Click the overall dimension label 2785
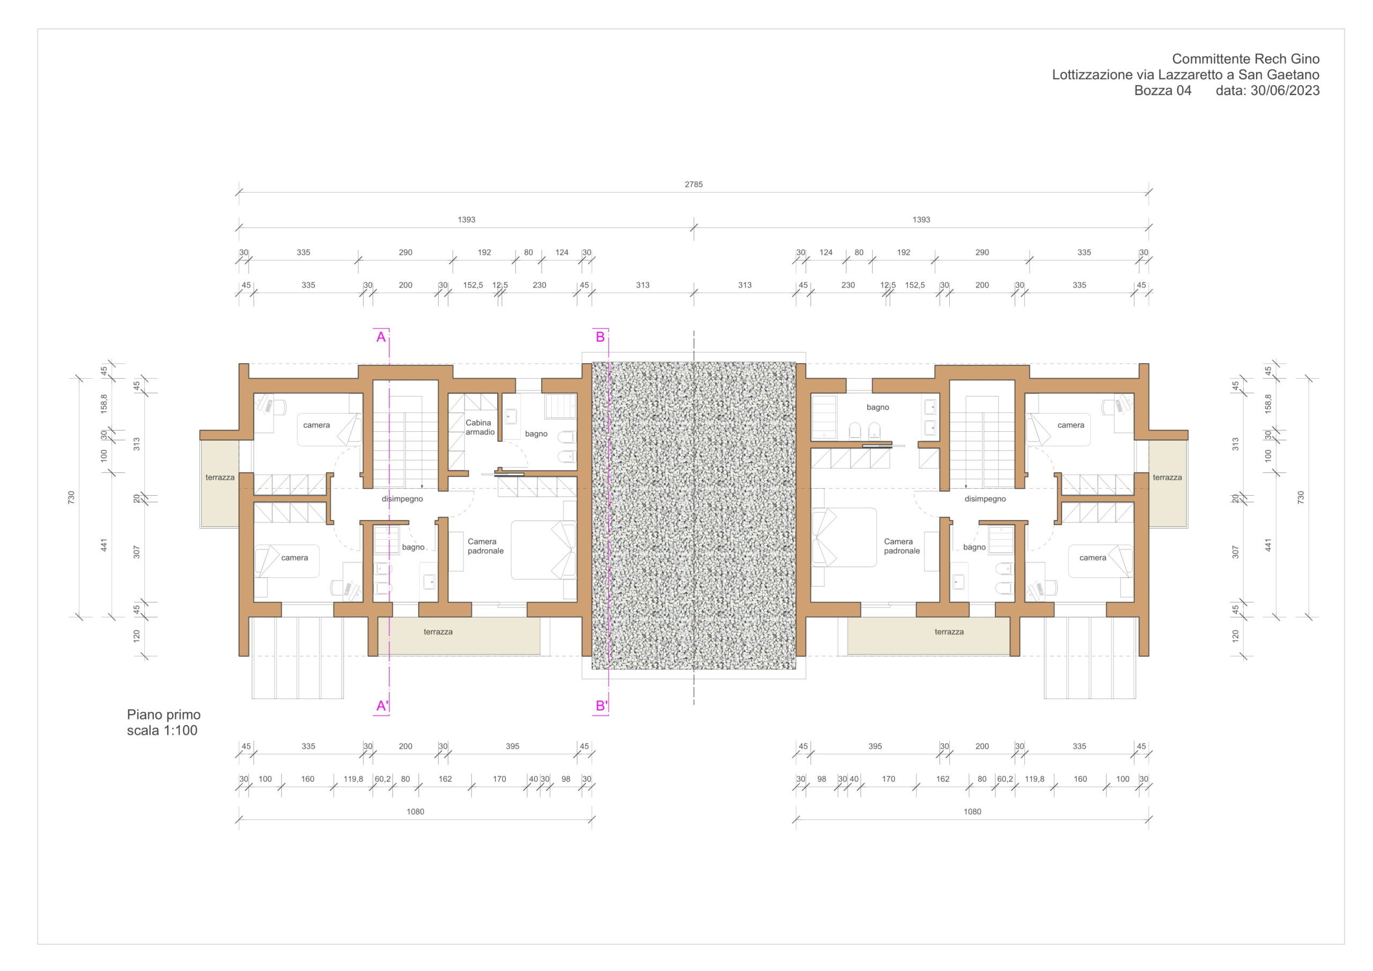[693, 184]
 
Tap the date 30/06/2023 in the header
[1285, 90]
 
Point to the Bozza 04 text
[1163, 90]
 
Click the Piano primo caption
[163, 715]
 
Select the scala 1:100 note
[161, 731]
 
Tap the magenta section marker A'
[382, 706]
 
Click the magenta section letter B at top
[600, 337]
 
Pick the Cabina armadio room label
[479, 427]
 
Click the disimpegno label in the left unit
[402, 498]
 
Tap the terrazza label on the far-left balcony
[220, 477]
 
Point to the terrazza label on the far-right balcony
[1167, 477]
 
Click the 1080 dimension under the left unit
[415, 812]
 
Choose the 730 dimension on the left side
[72, 497]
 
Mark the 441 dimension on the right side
[1268, 545]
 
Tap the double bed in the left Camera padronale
[543, 550]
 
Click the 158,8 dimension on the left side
[104, 404]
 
